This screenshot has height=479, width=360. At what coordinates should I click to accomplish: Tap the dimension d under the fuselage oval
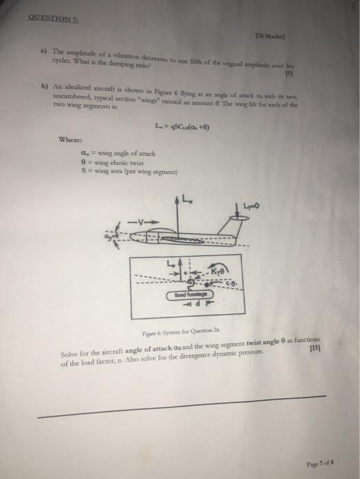click(196, 304)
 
